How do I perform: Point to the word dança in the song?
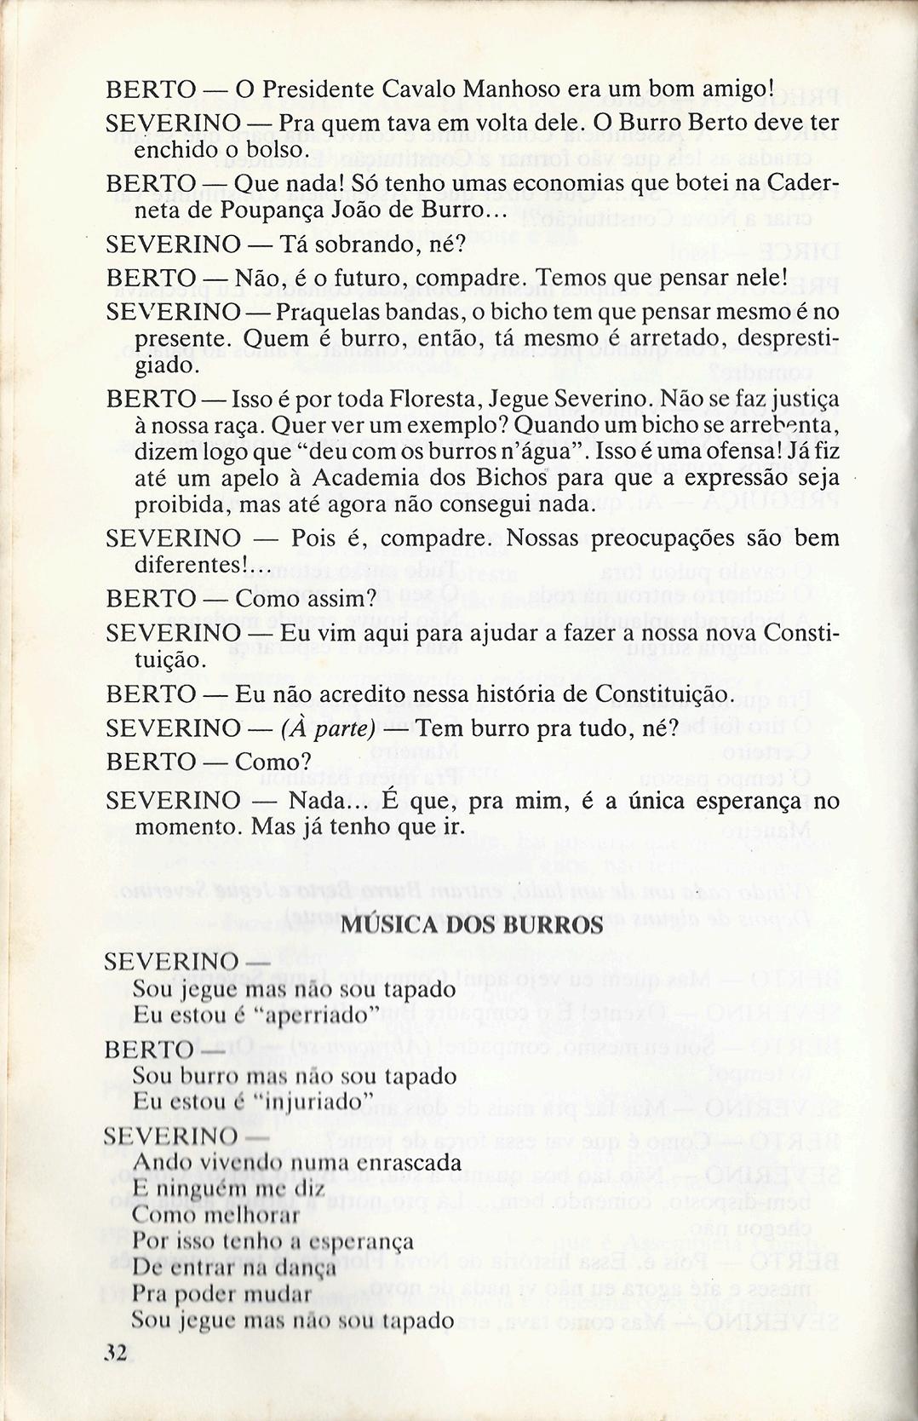click(309, 1269)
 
